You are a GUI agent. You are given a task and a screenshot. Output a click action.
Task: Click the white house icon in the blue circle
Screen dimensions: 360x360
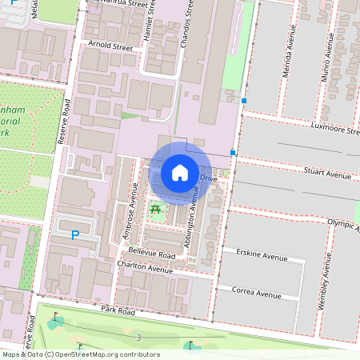pyautogui.click(x=180, y=172)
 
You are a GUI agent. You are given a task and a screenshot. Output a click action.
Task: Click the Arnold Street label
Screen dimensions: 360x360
pyautogui.click(x=112, y=47)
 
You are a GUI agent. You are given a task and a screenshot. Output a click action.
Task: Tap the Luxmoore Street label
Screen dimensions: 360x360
pyautogui.click(x=336, y=128)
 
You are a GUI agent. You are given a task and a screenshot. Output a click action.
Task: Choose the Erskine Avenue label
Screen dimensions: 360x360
pyautogui.click(x=262, y=258)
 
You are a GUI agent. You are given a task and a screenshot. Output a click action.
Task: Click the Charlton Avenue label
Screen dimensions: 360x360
pyautogui.click(x=145, y=270)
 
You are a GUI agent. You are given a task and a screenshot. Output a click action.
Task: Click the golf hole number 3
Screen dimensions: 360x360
pyautogui.click(x=138, y=338)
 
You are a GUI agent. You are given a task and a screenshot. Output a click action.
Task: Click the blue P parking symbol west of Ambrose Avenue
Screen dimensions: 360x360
pyautogui.click(x=75, y=235)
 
